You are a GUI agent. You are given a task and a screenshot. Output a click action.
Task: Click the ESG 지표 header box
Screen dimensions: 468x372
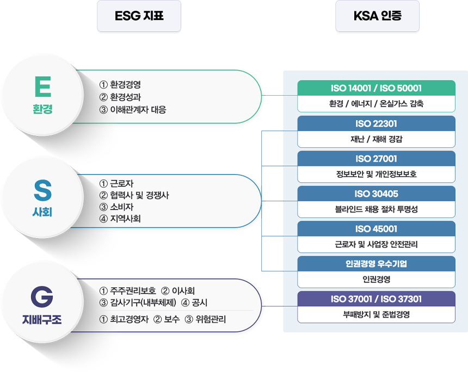click(139, 16)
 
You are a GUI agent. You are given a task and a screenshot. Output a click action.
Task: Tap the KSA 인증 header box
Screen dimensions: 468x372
click(377, 16)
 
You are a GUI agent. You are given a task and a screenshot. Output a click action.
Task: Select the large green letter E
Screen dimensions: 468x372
click(43, 86)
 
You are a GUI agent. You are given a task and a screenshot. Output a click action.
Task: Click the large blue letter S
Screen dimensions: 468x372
click(42, 190)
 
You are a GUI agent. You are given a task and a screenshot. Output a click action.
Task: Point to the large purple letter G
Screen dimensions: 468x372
click(42, 296)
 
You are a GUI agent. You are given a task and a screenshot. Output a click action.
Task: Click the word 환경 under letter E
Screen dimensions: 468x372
click(42, 109)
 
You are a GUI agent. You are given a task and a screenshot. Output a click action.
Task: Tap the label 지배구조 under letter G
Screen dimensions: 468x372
click(42, 319)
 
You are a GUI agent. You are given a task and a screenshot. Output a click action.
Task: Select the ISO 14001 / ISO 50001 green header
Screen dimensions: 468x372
click(376, 88)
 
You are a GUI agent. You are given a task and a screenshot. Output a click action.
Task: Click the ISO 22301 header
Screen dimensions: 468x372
click(376, 123)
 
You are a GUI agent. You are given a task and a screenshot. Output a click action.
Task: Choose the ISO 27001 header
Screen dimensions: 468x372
click(376, 159)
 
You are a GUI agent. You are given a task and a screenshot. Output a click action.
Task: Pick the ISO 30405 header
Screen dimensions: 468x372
click(376, 194)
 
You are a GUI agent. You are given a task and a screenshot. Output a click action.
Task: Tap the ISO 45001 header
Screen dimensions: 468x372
click(376, 229)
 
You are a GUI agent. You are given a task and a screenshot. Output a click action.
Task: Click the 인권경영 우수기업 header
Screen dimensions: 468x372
click(376, 264)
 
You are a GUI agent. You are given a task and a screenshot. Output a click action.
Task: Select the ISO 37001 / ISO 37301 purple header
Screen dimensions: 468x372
click(376, 299)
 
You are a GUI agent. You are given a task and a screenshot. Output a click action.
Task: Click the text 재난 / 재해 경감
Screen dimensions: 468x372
click(377, 139)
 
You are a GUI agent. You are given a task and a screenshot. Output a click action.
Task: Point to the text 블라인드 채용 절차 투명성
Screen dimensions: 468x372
click(377, 209)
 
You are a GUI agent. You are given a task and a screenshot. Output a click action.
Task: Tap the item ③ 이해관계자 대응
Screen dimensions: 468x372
click(133, 109)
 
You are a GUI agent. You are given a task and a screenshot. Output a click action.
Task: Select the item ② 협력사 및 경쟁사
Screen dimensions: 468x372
click(134, 195)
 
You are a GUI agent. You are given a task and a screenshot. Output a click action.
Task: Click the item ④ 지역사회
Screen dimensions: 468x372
click(120, 219)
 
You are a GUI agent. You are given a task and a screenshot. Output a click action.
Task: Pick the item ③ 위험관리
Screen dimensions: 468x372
click(205, 319)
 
